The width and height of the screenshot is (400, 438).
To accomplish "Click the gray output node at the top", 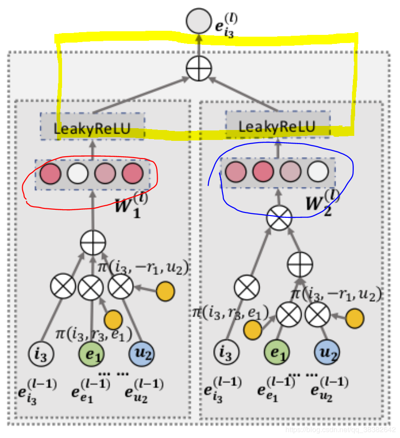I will click(x=198, y=21).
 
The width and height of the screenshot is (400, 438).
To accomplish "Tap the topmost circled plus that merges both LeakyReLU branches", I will click(x=199, y=70).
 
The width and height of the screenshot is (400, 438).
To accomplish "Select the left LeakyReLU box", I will click(x=92, y=128).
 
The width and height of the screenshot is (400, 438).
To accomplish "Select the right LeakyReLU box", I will click(x=277, y=126).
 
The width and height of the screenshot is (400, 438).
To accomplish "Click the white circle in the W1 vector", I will click(x=77, y=173).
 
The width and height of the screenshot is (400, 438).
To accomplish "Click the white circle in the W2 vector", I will click(x=317, y=172).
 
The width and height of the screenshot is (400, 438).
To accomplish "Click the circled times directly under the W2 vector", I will click(x=278, y=219).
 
